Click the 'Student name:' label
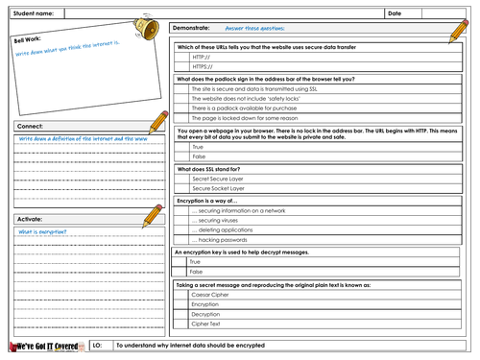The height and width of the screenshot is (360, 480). [34, 13]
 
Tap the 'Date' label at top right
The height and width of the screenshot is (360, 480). [395, 13]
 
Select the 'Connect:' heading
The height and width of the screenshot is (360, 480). [30, 126]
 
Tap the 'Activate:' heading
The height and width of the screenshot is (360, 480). [32, 218]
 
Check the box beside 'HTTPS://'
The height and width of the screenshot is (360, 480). [182, 67]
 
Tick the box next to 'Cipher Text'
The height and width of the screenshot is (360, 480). [182, 324]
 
